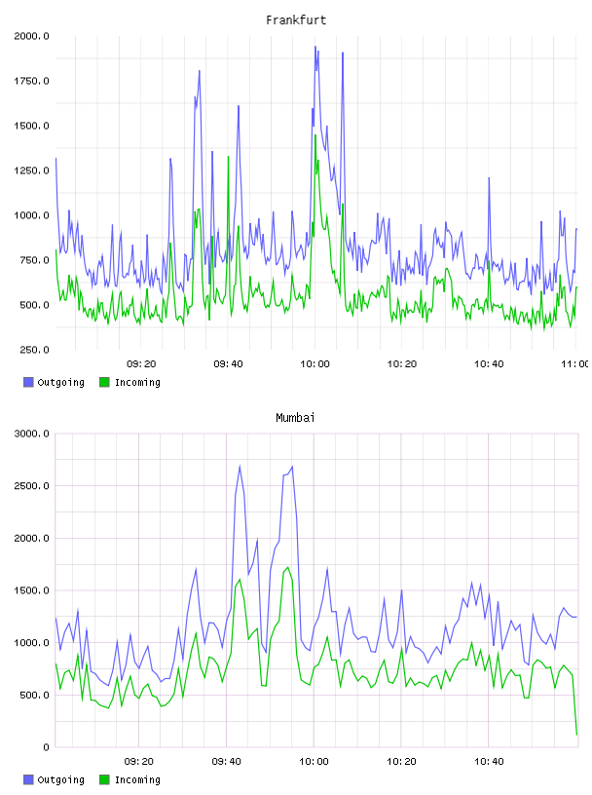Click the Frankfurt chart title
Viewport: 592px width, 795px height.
(x=296, y=19)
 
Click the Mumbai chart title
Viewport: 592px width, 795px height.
(x=295, y=417)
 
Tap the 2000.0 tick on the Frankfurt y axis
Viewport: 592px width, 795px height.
(x=31, y=36)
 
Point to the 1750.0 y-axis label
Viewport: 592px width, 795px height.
(x=31, y=81)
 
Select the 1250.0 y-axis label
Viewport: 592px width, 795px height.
(x=31, y=170)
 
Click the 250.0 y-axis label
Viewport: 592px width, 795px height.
(x=34, y=350)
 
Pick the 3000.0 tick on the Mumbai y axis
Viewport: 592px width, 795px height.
(x=31, y=434)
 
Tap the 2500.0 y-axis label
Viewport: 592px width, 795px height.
(x=31, y=486)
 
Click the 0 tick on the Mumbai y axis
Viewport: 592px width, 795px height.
(x=46, y=747)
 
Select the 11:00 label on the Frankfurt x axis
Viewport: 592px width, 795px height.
(x=574, y=363)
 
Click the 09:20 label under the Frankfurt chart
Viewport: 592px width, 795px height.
(x=141, y=363)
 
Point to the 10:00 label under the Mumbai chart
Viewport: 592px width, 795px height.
(x=314, y=761)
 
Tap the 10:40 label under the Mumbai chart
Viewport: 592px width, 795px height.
(x=489, y=761)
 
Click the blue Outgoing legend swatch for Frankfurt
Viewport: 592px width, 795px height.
(x=28, y=382)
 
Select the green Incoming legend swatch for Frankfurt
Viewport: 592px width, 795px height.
(x=104, y=382)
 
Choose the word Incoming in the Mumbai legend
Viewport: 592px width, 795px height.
(x=137, y=779)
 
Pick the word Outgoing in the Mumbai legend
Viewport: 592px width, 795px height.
(x=60, y=779)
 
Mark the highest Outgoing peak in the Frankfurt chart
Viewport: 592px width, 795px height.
(x=315, y=47)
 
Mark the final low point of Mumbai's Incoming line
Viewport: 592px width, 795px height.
(x=576, y=735)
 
